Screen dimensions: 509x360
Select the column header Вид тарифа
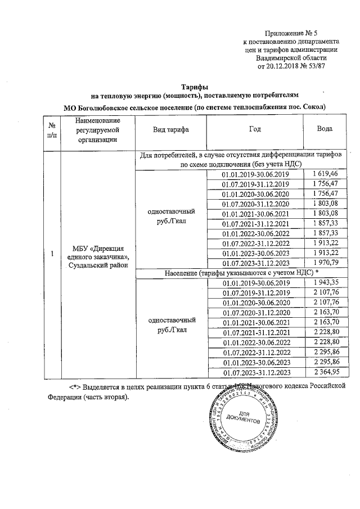pos(171,129)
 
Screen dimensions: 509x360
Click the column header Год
pos(255,129)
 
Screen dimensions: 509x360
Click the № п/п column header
pos(52,129)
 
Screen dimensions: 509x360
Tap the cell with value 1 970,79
pos(325,263)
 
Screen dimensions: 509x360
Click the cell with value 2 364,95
pos(325,372)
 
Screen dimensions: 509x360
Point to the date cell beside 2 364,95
pos(255,372)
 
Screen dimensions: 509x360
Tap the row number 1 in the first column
pos(52,253)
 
